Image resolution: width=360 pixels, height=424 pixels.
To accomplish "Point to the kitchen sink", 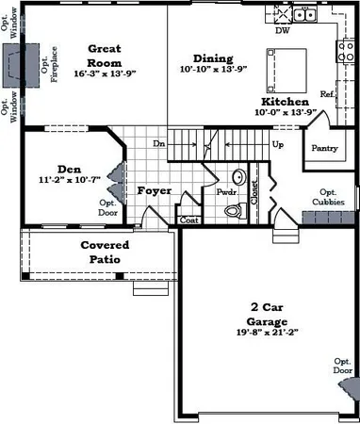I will (303, 14).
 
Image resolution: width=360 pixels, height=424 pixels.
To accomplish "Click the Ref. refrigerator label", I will (326, 94).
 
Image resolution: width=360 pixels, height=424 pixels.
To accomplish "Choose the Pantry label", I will (324, 148).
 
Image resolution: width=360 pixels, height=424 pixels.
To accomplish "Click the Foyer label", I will (154, 190).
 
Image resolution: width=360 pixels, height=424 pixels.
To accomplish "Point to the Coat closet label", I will (188, 220).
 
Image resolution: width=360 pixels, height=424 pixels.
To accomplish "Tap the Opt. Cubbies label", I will (328, 198).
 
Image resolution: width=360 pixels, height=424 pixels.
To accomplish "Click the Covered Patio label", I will (104, 252).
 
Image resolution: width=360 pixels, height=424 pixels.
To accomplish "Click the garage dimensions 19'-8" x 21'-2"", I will (268, 332).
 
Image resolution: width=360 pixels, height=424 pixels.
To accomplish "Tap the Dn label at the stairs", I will (159, 144).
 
